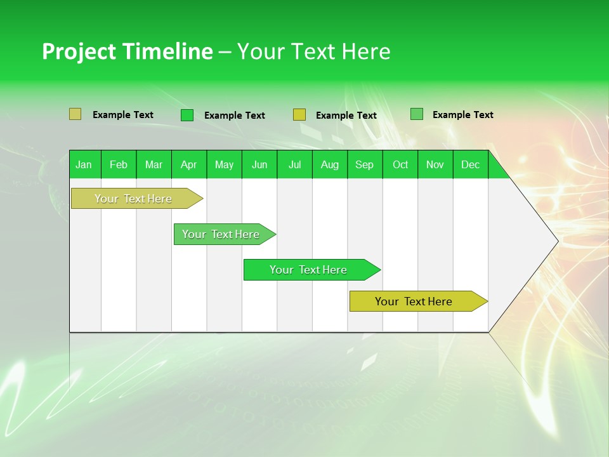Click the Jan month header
pos(84,164)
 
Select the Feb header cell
pos(119,164)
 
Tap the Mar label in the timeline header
pos(154,164)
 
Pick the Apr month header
pos(189,164)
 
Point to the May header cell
pos(224,164)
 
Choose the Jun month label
pos(259,164)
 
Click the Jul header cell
pos(294,164)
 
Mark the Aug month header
pos(330,164)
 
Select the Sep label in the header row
pos(365,164)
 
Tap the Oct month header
pos(400,164)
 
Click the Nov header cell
pos(435,164)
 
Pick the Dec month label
pos(471,164)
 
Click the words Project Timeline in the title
pos(128,51)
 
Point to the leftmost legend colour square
pos(75,114)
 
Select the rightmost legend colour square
pos(417,114)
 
